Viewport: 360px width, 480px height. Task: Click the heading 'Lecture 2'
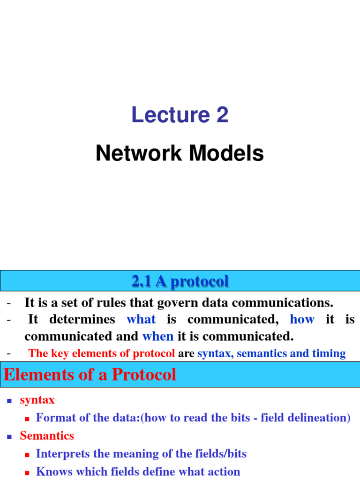click(180, 115)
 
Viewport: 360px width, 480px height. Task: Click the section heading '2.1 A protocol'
click(180, 281)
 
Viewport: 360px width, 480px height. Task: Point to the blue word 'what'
click(141, 320)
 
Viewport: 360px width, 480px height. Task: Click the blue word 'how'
click(302, 320)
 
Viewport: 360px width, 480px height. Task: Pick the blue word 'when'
click(158, 336)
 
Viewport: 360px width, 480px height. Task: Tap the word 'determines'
click(82, 320)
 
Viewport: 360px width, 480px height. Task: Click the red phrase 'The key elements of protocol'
click(102, 353)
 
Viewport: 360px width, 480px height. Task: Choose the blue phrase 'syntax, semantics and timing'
click(271, 353)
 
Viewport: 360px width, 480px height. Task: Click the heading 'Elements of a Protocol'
click(90, 375)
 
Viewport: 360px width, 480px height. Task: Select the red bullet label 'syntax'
click(37, 400)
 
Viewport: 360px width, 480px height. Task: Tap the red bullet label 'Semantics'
click(47, 435)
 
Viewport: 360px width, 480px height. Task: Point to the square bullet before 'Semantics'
click(9, 436)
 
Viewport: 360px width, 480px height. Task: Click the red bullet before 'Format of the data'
click(27, 418)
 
